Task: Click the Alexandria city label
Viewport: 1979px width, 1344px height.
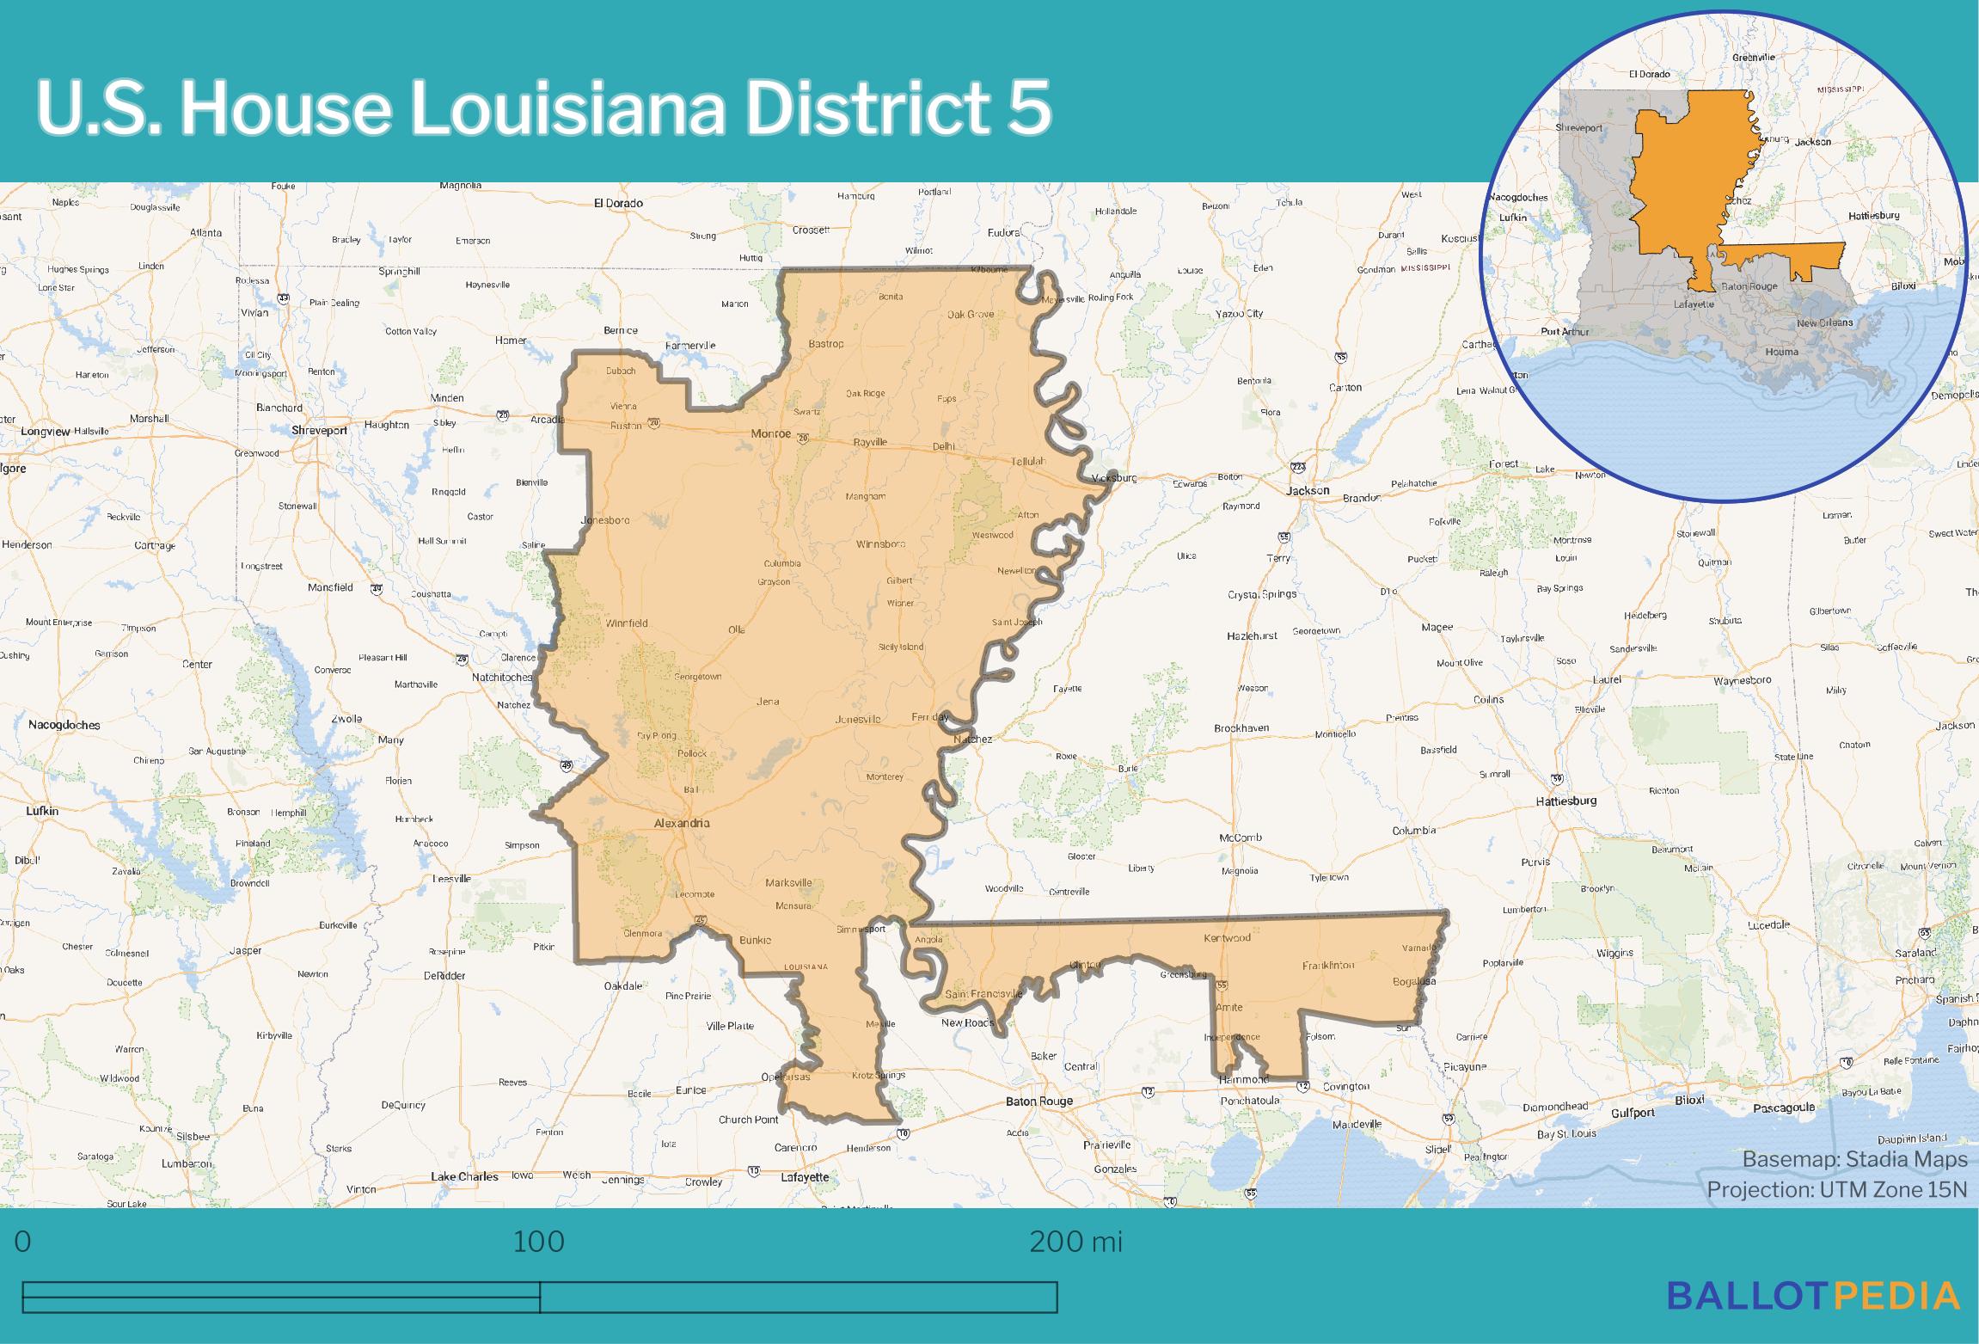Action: point(682,823)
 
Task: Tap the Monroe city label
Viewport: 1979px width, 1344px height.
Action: point(770,433)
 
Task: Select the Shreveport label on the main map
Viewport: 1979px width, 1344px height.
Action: point(319,430)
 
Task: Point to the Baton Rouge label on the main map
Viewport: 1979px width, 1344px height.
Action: point(1039,1101)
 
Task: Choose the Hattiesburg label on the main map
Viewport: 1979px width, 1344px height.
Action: point(1566,801)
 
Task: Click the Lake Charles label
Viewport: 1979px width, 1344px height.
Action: point(464,1176)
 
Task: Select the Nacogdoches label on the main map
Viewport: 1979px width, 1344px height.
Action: point(64,725)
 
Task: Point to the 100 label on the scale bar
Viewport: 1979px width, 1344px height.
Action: point(539,1243)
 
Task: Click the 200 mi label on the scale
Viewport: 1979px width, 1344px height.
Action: point(1075,1243)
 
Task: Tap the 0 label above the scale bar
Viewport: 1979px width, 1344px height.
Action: point(23,1243)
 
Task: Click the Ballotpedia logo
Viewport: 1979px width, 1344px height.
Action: point(1813,1295)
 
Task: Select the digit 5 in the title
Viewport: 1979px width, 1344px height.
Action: point(1029,109)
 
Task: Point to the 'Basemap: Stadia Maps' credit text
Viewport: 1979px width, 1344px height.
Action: point(1854,1160)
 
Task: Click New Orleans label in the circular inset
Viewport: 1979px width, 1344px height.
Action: point(1824,322)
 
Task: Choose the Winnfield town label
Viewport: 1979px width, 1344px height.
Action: point(626,623)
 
